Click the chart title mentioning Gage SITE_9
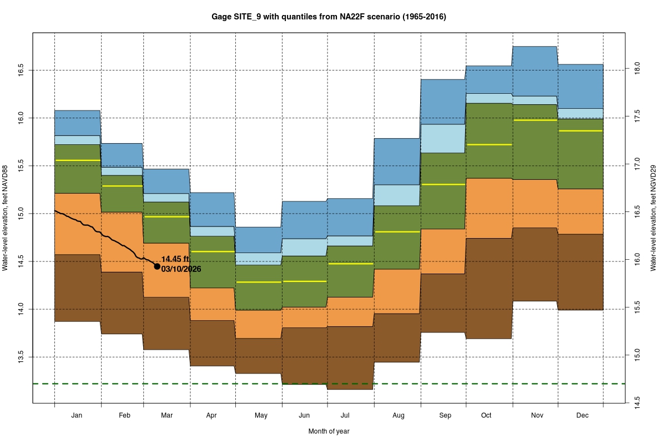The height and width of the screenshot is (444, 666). coord(329,17)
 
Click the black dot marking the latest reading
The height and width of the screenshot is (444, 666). coord(157,266)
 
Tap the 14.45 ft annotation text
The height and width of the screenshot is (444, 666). coord(175,259)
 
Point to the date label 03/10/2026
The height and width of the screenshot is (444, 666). coord(181,269)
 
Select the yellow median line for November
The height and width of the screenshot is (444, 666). coord(535,120)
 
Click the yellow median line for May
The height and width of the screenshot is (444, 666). coord(259,282)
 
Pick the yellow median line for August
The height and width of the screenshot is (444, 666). coord(397,231)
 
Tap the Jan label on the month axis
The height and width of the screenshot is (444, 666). coord(77,415)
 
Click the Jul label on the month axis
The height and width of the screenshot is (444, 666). coord(345,415)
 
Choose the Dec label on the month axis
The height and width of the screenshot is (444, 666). coord(582,415)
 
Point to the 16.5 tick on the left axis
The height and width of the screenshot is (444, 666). coord(20,70)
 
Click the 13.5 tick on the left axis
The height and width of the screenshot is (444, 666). coord(20,357)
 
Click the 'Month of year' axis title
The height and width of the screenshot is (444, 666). coord(329,431)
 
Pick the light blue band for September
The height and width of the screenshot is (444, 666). coord(442,138)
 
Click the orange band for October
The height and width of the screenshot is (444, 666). coord(488,208)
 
